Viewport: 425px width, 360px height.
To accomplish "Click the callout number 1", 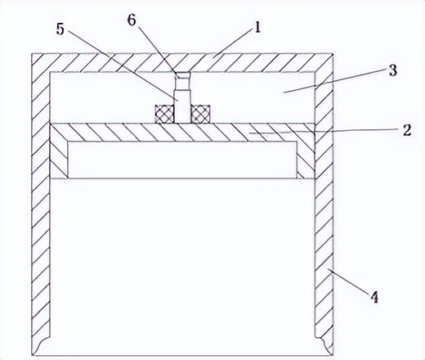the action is click(x=257, y=28).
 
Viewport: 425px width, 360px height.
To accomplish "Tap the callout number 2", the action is click(x=407, y=130).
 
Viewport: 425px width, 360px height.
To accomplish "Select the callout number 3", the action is click(x=392, y=70).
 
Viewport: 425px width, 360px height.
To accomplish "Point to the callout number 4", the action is click(x=374, y=297).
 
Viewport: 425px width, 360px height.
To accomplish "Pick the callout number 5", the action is click(x=60, y=29).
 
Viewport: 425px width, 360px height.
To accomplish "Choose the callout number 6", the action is click(x=132, y=20).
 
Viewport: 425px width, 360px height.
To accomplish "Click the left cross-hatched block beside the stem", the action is click(x=164, y=114).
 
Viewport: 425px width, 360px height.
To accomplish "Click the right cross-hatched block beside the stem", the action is click(x=200, y=114).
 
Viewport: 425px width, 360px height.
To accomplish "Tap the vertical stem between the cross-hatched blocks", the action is click(x=182, y=106).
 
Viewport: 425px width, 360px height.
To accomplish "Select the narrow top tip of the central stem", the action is click(x=183, y=75).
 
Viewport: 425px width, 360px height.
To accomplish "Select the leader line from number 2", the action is click(x=325, y=132).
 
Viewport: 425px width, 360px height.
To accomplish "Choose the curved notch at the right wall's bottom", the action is click(x=324, y=345).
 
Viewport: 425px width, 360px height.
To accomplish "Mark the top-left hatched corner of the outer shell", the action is click(x=41, y=62).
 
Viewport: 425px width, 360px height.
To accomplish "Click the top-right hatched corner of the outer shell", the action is click(x=324, y=62).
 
